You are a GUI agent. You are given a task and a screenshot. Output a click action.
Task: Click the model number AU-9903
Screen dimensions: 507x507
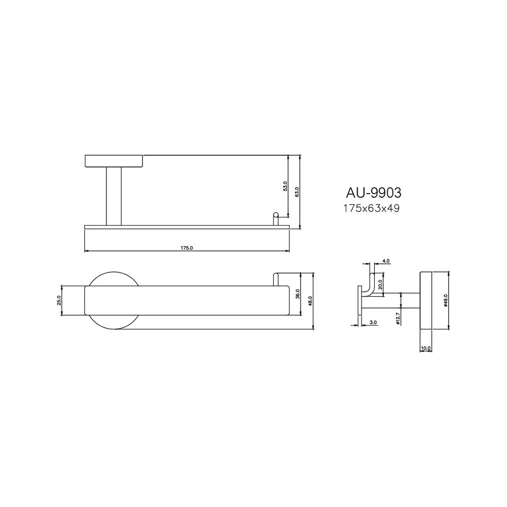[373, 193]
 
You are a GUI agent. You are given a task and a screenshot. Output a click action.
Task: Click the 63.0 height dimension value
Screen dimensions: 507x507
[298, 192]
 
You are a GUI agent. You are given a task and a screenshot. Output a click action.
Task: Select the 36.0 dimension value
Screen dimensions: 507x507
[298, 294]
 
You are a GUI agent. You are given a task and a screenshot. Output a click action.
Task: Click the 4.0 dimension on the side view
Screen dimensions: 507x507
[386, 261]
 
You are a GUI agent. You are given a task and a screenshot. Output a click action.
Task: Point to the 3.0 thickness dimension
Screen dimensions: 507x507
[373, 322]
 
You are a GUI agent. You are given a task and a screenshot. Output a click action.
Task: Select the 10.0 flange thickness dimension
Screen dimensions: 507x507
[425, 348]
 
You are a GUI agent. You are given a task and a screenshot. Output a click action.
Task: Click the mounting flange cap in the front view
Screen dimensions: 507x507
[114, 160]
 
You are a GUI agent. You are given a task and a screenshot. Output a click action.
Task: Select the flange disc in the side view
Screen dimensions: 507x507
[425, 301]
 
